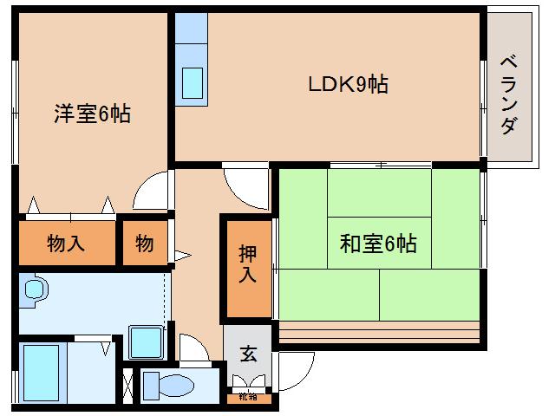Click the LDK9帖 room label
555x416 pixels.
point(348,84)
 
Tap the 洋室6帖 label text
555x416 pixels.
point(93,114)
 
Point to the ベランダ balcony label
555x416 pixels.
point(509,94)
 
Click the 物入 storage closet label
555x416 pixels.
point(66,244)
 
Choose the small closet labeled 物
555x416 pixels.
point(144,244)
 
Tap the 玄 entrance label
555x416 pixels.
point(248,354)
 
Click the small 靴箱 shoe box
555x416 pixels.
point(248,398)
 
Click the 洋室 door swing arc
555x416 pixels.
point(153,189)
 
